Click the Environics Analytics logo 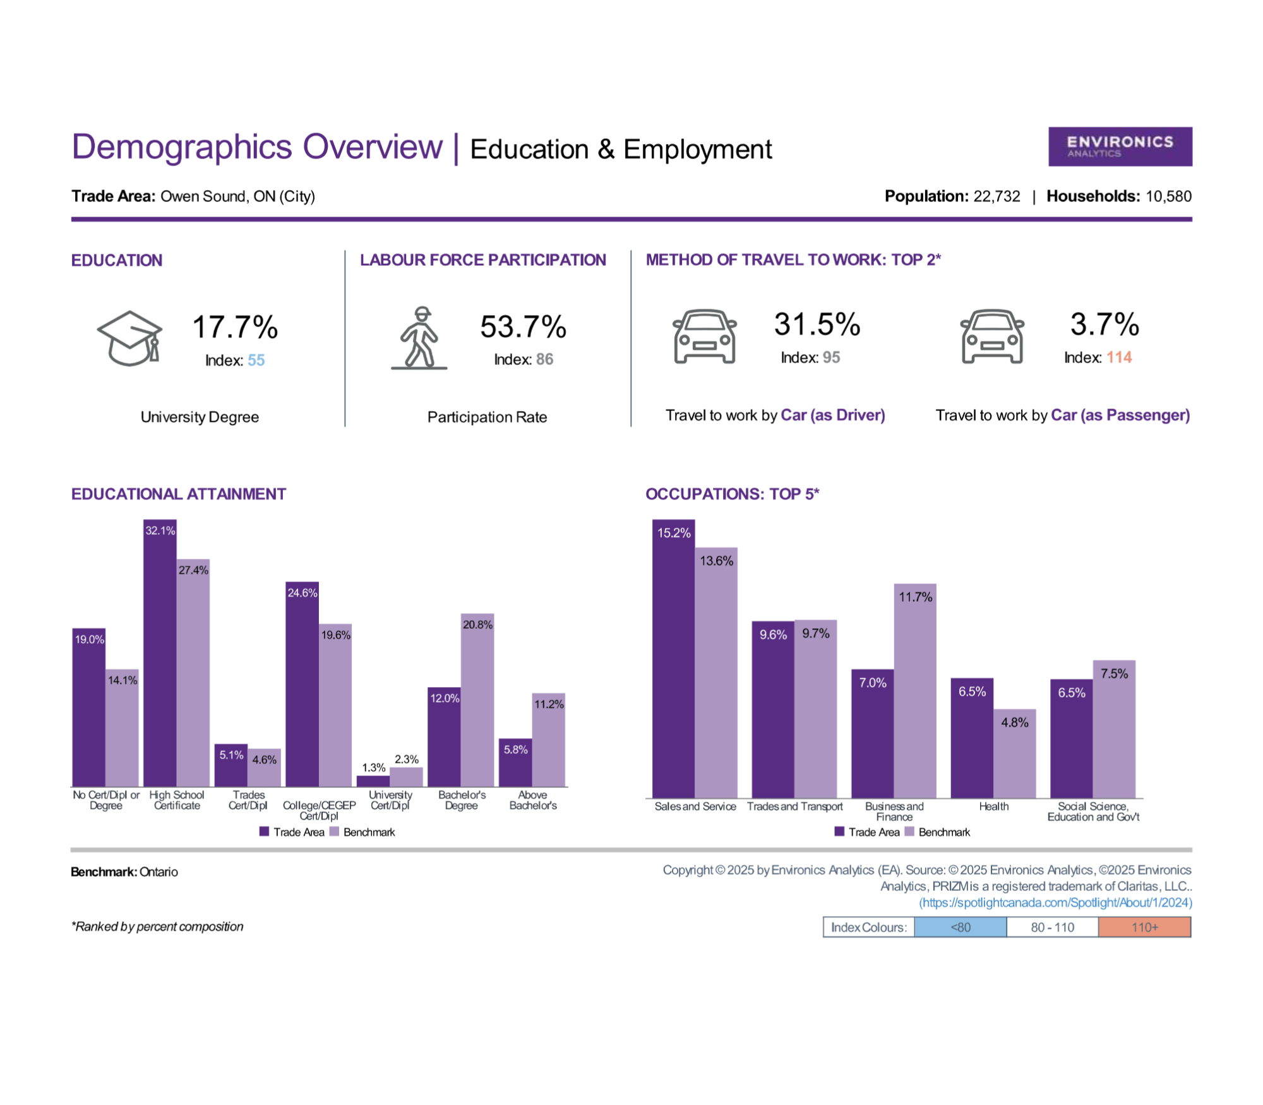point(1120,146)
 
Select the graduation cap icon point(129,338)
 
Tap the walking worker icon point(419,338)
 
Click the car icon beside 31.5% point(705,337)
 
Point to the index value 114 point(1119,357)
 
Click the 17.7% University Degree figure point(235,327)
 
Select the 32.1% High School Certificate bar point(160,653)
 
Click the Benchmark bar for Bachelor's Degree point(477,700)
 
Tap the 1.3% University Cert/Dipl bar point(373,781)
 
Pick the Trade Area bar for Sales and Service point(674,659)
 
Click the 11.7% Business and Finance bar point(915,691)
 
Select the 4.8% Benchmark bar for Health point(1015,753)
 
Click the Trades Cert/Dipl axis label point(248,800)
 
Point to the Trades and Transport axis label point(795,806)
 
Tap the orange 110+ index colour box point(1145,927)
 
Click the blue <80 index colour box point(961,927)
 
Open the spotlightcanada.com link point(1056,902)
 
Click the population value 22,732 point(997,196)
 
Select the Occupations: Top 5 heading point(732,494)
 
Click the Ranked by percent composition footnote point(157,926)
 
